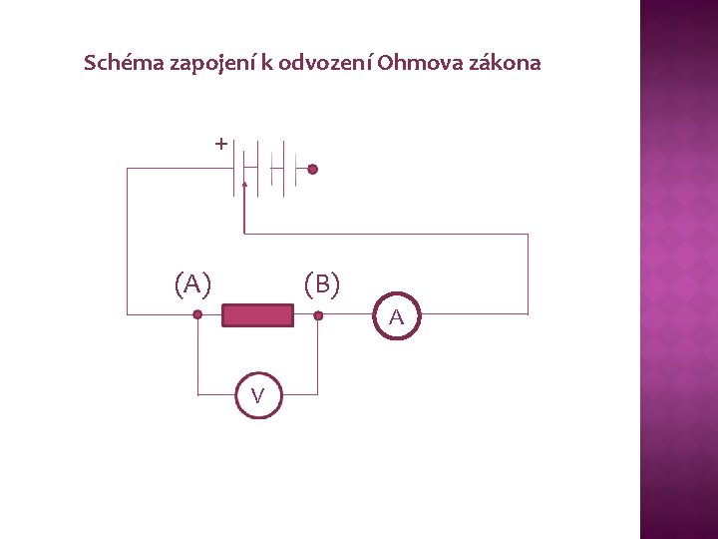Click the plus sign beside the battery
[x=220, y=145]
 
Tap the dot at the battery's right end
[x=312, y=170]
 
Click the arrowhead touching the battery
[x=244, y=186]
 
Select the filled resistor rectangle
[x=257, y=316]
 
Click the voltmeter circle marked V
[x=258, y=396]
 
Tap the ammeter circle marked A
[x=397, y=317]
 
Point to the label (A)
[x=192, y=284]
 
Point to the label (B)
[x=322, y=284]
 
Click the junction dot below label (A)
[x=197, y=315]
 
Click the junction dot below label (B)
[x=318, y=315]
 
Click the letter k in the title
[x=267, y=63]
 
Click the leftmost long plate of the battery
[x=235, y=168]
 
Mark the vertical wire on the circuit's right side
[x=528, y=273]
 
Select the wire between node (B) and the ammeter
[x=346, y=315]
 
